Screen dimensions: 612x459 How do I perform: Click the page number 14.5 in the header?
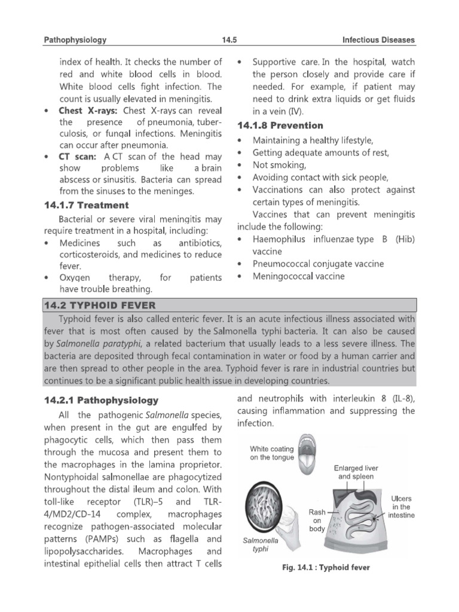pyautogui.click(x=229, y=40)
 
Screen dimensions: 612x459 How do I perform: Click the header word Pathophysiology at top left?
pyautogui.click(x=75, y=40)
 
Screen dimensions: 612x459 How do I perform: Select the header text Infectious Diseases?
pyautogui.click(x=378, y=40)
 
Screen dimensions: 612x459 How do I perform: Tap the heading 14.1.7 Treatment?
pyautogui.click(x=86, y=205)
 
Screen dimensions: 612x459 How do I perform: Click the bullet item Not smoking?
pyautogui.click(x=279, y=165)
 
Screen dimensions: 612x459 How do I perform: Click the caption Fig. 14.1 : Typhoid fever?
pyautogui.click(x=326, y=567)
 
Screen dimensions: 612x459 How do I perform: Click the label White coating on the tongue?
pyautogui.click(x=272, y=453)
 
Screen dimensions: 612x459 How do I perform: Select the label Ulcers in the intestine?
pyautogui.click(x=400, y=506)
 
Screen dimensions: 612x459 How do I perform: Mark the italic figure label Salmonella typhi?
pyautogui.click(x=261, y=544)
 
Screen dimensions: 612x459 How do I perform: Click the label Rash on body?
pyautogui.click(x=317, y=520)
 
